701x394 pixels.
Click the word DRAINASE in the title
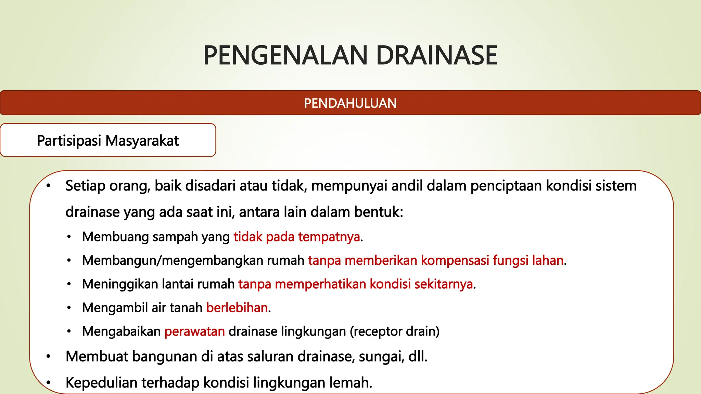pyautogui.click(x=436, y=55)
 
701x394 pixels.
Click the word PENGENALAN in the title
pyautogui.click(x=285, y=55)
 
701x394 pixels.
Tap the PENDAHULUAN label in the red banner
pyautogui.click(x=350, y=103)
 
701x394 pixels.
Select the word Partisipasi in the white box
pyautogui.click(x=69, y=141)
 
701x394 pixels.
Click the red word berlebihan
pyautogui.click(x=237, y=308)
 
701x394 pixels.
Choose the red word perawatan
pyautogui.click(x=194, y=331)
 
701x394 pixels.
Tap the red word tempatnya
pyautogui.click(x=329, y=237)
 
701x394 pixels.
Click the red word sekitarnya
pyautogui.click(x=444, y=284)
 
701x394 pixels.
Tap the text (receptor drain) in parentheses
pyautogui.click(x=395, y=331)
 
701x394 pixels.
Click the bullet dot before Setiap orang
pyautogui.click(x=49, y=186)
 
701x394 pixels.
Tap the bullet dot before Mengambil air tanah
pyautogui.click(x=69, y=308)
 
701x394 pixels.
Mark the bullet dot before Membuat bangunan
pyautogui.click(x=49, y=357)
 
